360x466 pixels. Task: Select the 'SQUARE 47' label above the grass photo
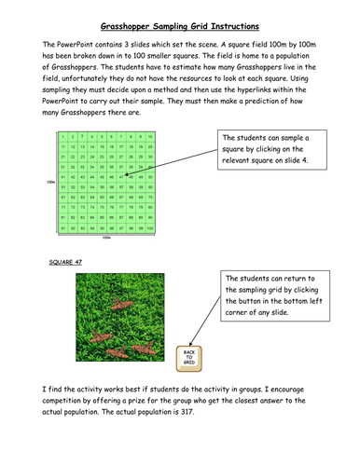66,263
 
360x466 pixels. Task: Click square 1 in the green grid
62,136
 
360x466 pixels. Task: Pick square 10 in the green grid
150,136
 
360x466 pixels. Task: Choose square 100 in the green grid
150,227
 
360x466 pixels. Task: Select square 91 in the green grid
62,227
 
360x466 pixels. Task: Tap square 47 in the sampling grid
121,177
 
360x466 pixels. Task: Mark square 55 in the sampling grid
102,187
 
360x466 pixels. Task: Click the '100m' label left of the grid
49,182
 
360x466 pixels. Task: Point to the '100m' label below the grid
106,237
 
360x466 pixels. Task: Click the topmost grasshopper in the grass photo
118,304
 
